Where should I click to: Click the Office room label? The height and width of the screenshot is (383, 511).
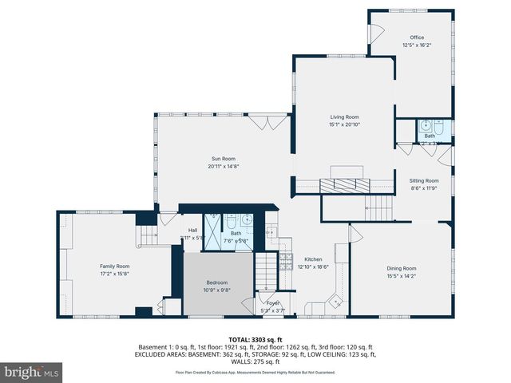pyautogui.click(x=417, y=38)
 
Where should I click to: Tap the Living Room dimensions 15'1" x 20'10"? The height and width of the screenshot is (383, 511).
pyautogui.click(x=345, y=124)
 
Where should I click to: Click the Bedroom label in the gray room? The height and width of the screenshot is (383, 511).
pyautogui.click(x=217, y=282)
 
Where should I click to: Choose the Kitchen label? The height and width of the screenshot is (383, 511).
pyautogui.click(x=313, y=259)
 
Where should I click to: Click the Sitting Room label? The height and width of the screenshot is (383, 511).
pyautogui.click(x=425, y=181)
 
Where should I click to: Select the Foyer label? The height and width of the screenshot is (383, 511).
pyautogui.click(x=274, y=303)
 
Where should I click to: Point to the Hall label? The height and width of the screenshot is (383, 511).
pyautogui.click(x=192, y=230)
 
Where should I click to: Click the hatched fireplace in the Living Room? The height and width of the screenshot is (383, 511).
pyautogui.click(x=345, y=185)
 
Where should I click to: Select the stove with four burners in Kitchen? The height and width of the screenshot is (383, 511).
pyautogui.click(x=285, y=261)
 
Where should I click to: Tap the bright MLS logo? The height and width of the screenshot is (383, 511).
pyautogui.click(x=32, y=372)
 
